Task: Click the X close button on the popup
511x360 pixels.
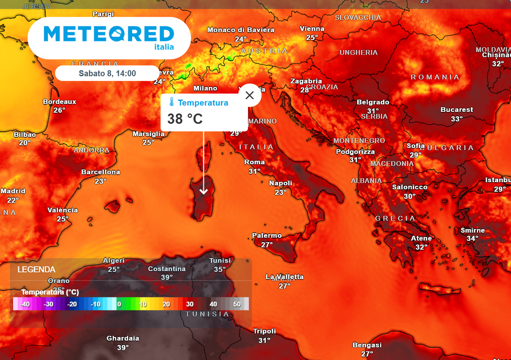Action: [250, 95]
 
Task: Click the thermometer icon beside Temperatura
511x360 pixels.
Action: [171, 103]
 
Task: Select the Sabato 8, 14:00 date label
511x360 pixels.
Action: [107, 73]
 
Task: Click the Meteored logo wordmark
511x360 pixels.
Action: [109, 34]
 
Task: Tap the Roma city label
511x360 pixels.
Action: [255, 162]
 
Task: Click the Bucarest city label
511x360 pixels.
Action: [457, 110]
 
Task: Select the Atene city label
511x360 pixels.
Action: [421, 238]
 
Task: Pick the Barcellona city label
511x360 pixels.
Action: [101, 172]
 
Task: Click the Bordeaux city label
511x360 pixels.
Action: [59, 102]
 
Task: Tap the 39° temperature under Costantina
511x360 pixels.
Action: [167, 277]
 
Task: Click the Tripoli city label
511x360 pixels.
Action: [264, 331]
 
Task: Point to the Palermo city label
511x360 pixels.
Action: [266, 236]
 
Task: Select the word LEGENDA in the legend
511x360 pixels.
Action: [36, 270]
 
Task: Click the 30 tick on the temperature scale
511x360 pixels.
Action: [189, 304]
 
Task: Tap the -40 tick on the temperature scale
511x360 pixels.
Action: [25, 304]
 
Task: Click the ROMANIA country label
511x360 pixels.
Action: [435, 77]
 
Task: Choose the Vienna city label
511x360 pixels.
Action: [312, 29]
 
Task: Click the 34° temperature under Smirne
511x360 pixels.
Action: [472, 239]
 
